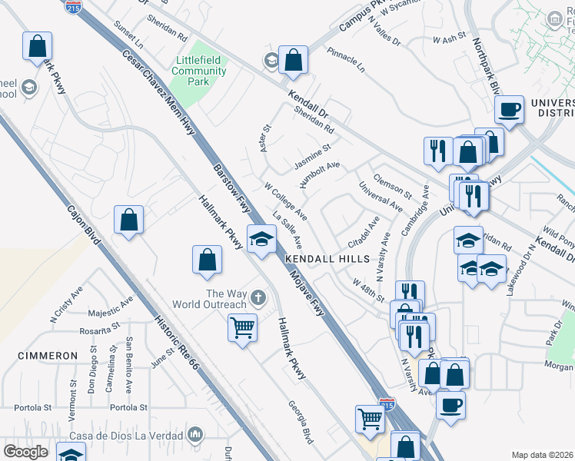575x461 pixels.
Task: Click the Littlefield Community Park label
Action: (x=199, y=71)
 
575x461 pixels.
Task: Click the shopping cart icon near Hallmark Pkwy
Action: (x=242, y=328)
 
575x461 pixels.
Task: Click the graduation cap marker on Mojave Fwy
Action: (x=261, y=239)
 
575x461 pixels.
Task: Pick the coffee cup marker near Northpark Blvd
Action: (x=509, y=109)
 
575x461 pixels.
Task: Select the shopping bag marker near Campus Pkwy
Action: (x=293, y=59)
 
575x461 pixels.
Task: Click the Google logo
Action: (x=25, y=452)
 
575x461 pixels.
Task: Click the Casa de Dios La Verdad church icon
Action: (x=195, y=435)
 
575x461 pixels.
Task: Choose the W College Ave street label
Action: (x=285, y=200)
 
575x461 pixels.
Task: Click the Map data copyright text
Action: (x=543, y=455)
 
